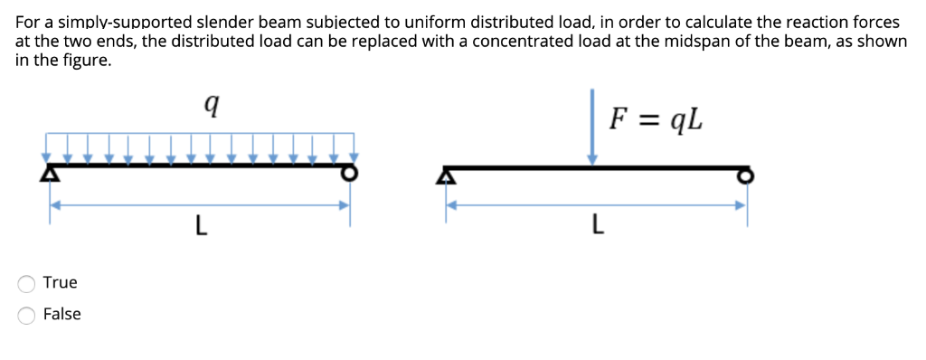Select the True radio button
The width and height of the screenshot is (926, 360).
click(x=27, y=284)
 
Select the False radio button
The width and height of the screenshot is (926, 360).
click(x=27, y=315)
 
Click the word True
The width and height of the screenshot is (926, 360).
click(x=60, y=282)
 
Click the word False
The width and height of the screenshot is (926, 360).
click(x=61, y=314)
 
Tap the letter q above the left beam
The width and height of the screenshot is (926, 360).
click(x=210, y=107)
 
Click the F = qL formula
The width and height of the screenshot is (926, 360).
click(x=656, y=118)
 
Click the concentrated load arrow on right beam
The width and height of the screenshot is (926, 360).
click(x=592, y=127)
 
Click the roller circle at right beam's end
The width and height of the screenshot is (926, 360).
click(x=745, y=175)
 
